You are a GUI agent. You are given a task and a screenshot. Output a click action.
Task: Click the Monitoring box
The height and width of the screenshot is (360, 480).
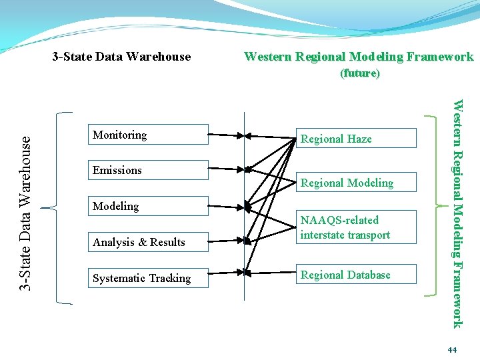tap(149, 135)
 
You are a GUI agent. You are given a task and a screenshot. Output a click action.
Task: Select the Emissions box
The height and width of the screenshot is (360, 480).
tap(149, 171)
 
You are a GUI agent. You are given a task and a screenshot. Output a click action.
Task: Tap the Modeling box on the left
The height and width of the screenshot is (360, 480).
tap(149, 207)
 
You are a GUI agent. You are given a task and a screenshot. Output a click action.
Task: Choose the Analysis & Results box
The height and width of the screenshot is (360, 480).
tap(149, 243)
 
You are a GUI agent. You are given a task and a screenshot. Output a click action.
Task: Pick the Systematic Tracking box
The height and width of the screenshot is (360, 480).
tap(149, 279)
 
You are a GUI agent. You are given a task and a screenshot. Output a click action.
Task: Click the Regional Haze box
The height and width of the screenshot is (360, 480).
tap(356, 139)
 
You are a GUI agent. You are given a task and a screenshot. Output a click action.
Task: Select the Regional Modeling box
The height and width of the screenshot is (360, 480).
tap(356, 183)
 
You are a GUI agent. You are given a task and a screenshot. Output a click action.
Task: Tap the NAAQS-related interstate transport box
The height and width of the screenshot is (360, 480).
tap(356, 227)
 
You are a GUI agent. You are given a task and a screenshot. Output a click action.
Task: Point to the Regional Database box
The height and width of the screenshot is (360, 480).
tap(356, 275)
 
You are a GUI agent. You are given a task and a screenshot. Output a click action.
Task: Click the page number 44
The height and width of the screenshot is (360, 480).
tap(453, 350)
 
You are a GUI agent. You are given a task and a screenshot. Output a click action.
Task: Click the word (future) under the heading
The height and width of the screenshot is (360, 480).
tap(360, 73)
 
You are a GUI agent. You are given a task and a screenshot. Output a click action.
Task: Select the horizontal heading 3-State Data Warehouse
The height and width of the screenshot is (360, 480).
tap(121, 57)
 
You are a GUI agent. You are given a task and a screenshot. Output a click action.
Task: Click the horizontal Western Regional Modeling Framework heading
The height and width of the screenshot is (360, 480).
tap(359, 57)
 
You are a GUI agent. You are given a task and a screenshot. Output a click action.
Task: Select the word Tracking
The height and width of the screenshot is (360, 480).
tap(168, 279)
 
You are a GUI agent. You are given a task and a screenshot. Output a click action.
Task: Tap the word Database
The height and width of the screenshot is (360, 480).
tap(366, 275)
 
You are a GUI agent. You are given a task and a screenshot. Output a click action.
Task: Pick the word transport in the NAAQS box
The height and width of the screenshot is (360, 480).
tap(368, 235)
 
